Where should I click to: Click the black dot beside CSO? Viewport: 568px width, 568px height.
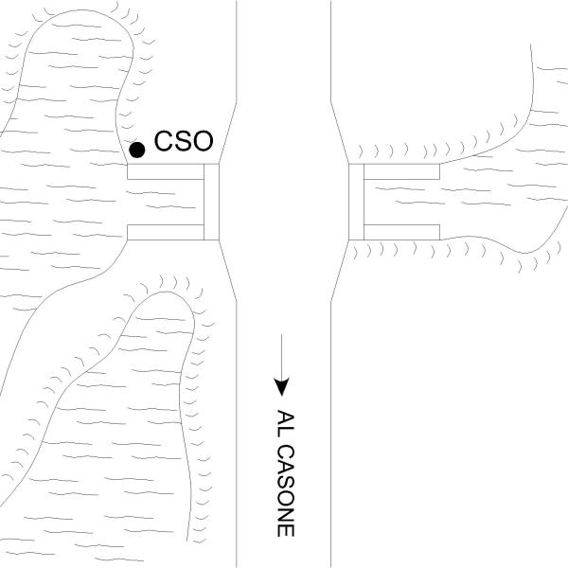click(137, 149)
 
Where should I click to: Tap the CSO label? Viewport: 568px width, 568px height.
click(184, 144)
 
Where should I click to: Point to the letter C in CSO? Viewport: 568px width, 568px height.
click(163, 144)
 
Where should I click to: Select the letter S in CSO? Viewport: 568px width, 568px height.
click(183, 144)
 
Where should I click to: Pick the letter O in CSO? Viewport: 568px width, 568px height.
click(204, 144)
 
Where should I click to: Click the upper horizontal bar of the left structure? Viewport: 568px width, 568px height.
click(166, 171)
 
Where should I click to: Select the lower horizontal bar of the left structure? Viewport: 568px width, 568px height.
click(166, 232)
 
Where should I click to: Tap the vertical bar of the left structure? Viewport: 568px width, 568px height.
click(211, 202)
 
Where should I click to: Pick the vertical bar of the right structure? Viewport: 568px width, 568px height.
click(357, 202)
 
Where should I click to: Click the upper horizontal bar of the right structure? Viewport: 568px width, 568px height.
click(402, 171)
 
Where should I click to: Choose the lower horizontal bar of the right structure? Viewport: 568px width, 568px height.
click(402, 232)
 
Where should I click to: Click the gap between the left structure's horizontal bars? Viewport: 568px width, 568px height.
click(166, 202)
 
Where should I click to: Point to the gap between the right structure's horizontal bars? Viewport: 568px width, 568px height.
click(402, 202)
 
